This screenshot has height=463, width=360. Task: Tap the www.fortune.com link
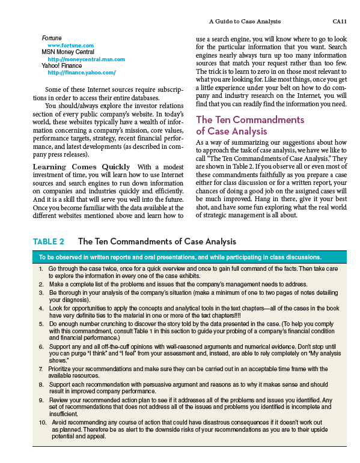(70, 45)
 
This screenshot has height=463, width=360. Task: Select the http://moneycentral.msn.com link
(86, 59)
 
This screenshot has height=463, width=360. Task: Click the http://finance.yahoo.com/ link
(81, 72)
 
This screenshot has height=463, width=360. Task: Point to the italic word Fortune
(52, 38)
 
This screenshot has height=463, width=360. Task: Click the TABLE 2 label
(48, 241)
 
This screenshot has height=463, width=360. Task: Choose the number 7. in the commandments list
(41, 368)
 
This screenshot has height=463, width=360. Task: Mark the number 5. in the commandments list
(41, 323)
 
